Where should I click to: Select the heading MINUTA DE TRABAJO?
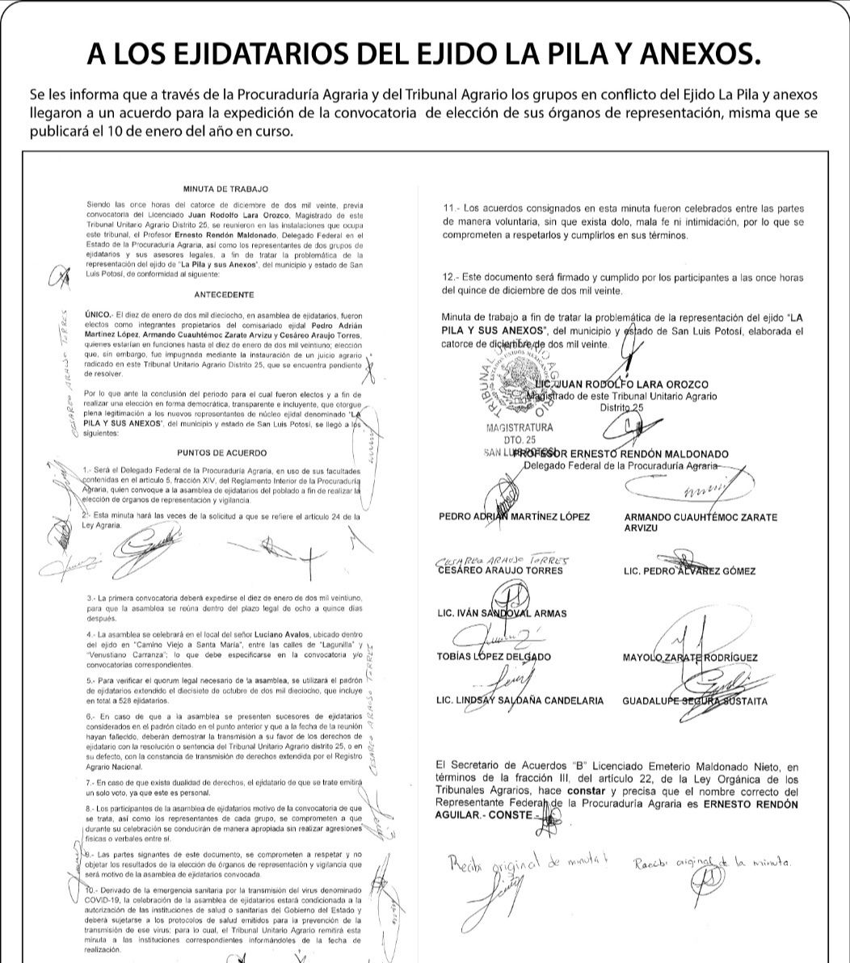225,188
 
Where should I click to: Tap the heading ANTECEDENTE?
224,294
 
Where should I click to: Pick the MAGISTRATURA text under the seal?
520,427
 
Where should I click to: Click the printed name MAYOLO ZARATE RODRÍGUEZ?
690,658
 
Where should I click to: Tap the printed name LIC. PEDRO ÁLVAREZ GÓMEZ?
689,571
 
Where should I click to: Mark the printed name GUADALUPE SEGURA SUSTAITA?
694,701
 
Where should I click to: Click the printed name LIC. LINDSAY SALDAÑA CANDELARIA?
519,700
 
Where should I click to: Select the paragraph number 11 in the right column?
450,209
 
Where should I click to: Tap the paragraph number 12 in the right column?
450,277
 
